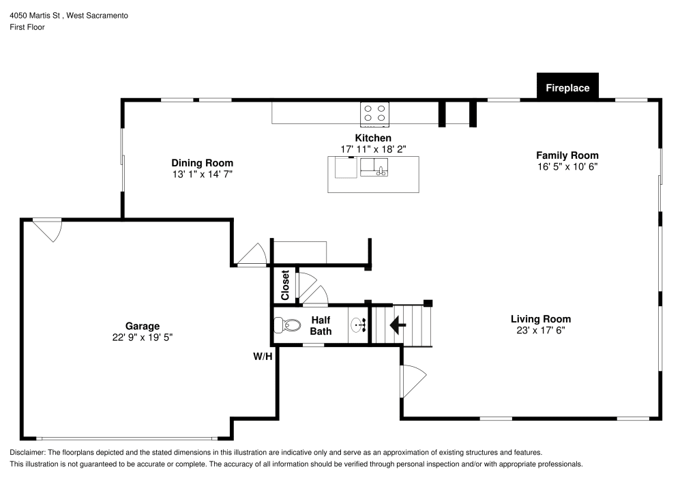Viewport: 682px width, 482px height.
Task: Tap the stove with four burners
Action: click(374, 115)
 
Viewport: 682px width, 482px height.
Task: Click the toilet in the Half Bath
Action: click(286, 326)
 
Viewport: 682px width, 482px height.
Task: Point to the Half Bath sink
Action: click(359, 325)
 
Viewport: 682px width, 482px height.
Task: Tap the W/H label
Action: click(263, 356)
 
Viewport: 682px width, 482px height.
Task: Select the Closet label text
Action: click(285, 286)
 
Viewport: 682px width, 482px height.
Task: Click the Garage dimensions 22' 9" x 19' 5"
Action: click(142, 337)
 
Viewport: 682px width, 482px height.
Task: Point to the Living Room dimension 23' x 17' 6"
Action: click(541, 330)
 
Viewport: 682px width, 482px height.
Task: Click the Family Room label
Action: click(567, 155)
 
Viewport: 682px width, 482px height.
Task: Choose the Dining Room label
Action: click(202, 163)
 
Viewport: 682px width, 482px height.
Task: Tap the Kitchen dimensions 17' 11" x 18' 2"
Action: click(372, 149)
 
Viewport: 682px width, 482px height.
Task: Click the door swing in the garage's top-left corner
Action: click(48, 229)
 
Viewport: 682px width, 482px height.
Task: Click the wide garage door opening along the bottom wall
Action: click(126, 438)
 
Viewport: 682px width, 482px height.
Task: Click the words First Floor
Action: click(27, 27)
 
